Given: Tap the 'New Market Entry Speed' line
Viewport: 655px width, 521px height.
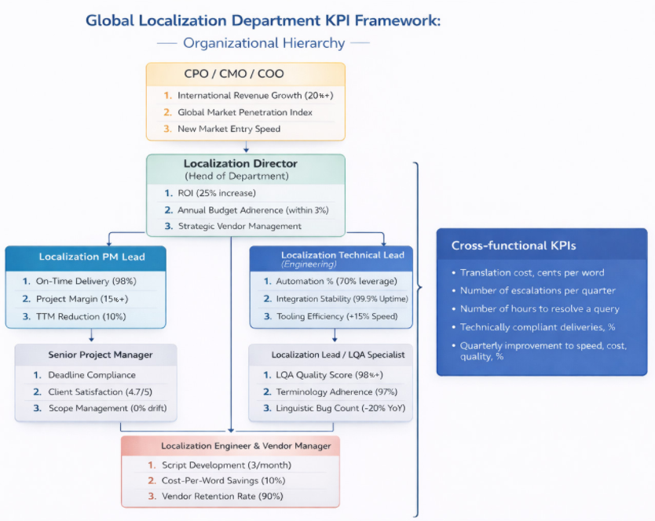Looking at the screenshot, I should pos(229,129).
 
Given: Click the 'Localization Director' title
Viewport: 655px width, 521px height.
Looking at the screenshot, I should pos(240,164).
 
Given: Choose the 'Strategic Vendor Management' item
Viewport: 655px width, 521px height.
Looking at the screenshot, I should pos(240,226).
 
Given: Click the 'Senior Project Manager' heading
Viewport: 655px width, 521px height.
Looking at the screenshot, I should pos(101,355).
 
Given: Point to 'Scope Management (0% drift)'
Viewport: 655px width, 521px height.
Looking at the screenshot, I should pos(108,408).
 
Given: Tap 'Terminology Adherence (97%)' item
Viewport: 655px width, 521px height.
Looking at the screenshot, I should pos(335,392).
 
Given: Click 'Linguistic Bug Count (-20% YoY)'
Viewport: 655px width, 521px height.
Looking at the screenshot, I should pos(339,408).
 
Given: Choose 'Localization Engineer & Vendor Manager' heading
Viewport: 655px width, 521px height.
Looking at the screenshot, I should pos(246,446).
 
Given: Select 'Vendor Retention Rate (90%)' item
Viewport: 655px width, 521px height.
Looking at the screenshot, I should pos(222,496).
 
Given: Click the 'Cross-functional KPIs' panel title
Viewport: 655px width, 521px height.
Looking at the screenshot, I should pos(514,246).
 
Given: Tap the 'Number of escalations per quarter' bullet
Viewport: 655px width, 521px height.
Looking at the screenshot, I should pos(538,290).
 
